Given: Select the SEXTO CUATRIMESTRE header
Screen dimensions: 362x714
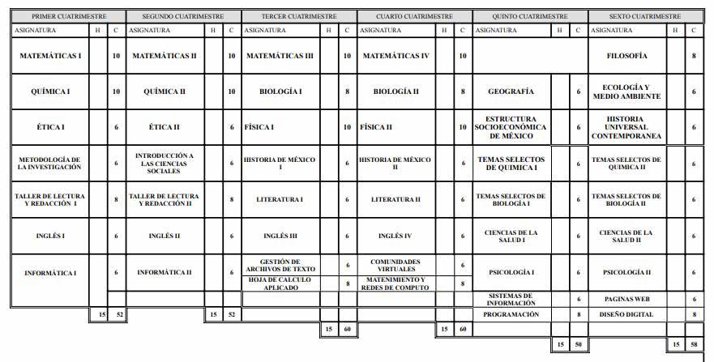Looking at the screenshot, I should [645, 16].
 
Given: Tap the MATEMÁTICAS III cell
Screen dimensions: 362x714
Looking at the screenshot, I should [280, 56].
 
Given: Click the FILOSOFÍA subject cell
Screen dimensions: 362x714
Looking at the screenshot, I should [626, 56].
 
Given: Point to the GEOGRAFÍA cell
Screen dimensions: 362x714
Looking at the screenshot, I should [511, 92].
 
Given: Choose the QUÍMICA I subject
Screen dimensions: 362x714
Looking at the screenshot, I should [50, 92].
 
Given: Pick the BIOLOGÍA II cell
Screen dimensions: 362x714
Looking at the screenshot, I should [395, 92].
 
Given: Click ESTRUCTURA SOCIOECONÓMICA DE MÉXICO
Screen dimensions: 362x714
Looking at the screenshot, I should [511, 127].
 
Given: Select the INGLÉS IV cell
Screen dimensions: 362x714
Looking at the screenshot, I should [395, 236].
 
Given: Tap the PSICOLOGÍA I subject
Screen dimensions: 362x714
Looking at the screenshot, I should [511, 272].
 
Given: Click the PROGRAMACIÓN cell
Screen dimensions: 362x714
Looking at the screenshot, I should [511, 313].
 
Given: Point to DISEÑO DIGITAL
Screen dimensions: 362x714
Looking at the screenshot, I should [626, 313].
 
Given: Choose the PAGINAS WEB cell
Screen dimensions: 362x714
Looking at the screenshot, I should [626, 299].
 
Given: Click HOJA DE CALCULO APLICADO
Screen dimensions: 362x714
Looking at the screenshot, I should [280, 283].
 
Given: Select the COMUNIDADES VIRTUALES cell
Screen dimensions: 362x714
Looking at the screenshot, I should [395, 265].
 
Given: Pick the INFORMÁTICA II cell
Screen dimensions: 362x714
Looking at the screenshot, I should [165, 272].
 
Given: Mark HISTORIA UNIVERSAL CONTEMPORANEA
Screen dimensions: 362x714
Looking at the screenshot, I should [626, 127].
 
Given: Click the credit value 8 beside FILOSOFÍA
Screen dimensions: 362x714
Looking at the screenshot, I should [695, 56].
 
